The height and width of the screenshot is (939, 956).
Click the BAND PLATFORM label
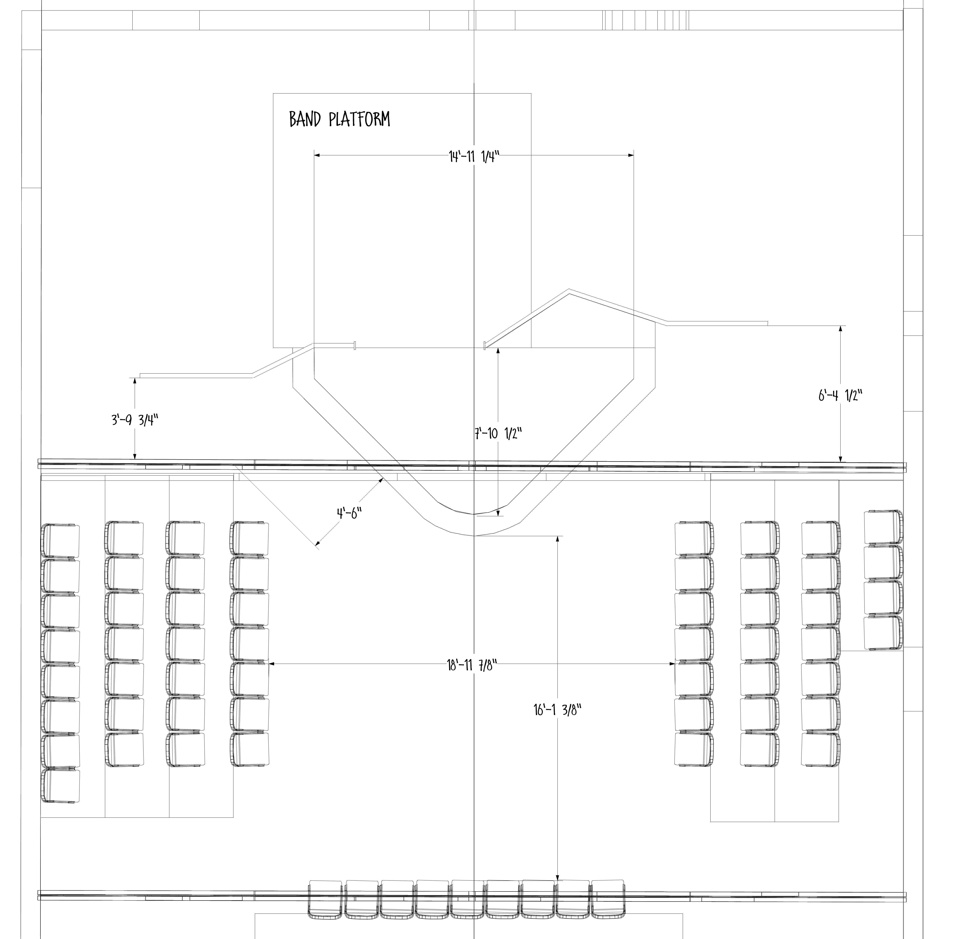tap(340, 119)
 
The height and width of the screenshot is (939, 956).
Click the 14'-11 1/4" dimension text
tap(474, 157)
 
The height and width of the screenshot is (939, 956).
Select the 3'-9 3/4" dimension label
tap(135, 420)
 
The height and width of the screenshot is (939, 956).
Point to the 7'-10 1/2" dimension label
tap(498, 433)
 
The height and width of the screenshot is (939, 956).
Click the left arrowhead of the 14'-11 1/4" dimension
tap(317, 155)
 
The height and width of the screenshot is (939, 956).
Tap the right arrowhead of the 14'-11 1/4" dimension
tap(631, 155)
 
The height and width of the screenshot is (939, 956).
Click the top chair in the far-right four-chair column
tap(883, 527)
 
